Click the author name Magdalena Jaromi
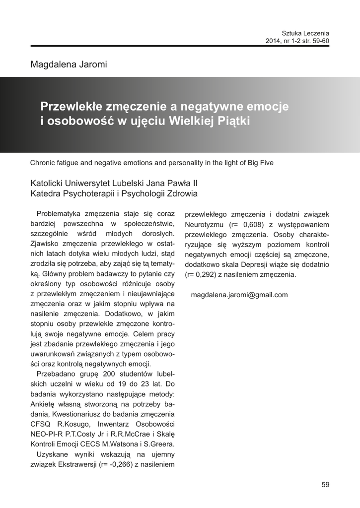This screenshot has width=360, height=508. pos(69,64)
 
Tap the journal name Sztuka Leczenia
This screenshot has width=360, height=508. pos(305,33)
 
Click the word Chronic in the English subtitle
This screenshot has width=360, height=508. pos(44,162)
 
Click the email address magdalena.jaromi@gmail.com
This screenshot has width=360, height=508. pos(239,295)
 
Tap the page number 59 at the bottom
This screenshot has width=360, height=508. pos(325,485)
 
